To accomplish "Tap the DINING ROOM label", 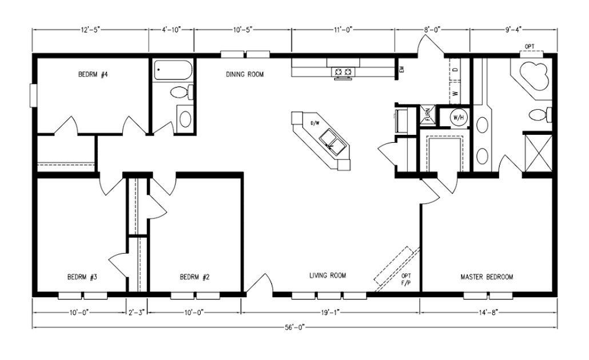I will [245, 74].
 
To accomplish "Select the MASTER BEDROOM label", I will [487, 277].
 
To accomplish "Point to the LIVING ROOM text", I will [328, 276].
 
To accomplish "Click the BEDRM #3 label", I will [82, 278].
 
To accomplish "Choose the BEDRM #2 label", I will [194, 278].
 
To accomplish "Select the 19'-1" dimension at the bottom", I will [330, 313].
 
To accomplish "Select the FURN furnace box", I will [427, 114].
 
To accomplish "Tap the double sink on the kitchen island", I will [332, 141].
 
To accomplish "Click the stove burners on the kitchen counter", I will [343, 72].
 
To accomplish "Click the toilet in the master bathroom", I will [539, 114].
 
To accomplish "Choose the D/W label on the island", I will [315, 123].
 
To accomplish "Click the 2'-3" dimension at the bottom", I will [137, 313].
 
